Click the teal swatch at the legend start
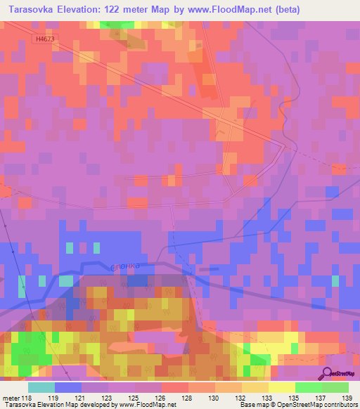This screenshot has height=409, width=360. coord(41,387)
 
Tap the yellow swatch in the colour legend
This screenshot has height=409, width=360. coord(282,387)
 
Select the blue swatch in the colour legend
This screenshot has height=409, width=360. coord(68,387)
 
